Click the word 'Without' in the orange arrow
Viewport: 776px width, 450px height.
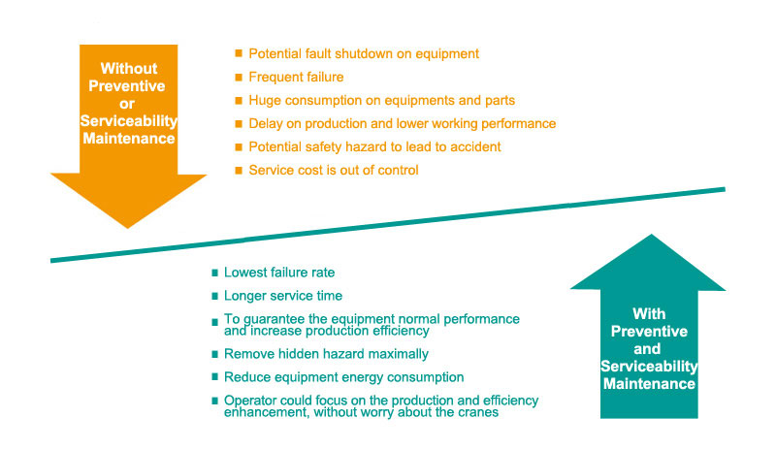pyautogui.click(x=129, y=68)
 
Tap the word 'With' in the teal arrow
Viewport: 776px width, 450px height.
pyautogui.click(x=649, y=314)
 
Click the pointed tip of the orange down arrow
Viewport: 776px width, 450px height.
pyautogui.click(x=128, y=228)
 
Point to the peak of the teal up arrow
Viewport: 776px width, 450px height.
pyautogui.click(x=651, y=235)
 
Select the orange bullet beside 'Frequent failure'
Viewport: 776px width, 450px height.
pyautogui.click(x=239, y=77)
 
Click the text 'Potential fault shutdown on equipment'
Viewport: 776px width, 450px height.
pyautogui.click(x=364, y=53)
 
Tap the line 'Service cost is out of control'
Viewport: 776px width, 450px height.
pyautogui.click(x=334, y=170)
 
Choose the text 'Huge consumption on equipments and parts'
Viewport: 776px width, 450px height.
pyautogui.click(x=381, y=100)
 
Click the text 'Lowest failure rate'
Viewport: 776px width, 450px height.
pyautogui.click(x=279, y=273)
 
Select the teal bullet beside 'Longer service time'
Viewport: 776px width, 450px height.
pyautogui.click(x=214, y=296)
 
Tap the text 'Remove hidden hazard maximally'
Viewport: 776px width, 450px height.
pyautogui.click(x=326, y=354)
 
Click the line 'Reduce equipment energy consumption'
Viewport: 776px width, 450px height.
pyautogui.click(x=344, y=377)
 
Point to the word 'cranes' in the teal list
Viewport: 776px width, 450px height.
pyautogui.click(x=477, y=412)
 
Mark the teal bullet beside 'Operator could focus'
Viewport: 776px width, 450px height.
pyautogui.click(x=214, y=401)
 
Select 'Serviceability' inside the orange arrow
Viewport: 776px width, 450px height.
pyautogui.click(x=129, y=121)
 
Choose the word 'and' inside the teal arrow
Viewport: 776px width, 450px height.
pyautogui.click(x=647, y=349)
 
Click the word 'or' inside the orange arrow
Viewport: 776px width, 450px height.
pyautogui.click(x=127, y=104)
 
